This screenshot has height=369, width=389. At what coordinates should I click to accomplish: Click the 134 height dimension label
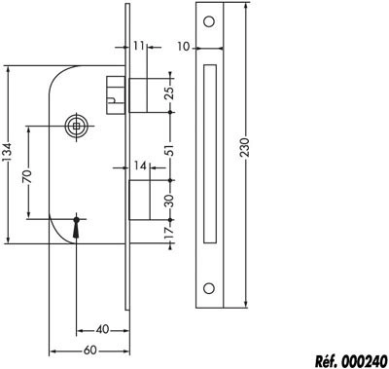click(x=9, y=153)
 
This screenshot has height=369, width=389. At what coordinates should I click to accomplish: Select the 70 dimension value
click(x=27, y=176)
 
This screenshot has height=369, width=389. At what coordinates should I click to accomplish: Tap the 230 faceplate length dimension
click(x=245, y=147)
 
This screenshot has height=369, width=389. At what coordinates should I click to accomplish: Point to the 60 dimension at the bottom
click(x=90, y=351)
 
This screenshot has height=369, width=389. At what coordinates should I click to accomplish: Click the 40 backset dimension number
click(x=102, y=330)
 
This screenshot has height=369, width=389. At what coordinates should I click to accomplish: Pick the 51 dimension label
click(x=170, y=150)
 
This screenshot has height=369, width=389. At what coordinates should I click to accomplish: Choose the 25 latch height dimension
click(x=170, y=92)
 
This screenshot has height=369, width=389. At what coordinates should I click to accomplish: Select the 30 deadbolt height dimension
click(x=170, y=201)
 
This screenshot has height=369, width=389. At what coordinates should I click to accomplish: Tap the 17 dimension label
click(x=170, y=232)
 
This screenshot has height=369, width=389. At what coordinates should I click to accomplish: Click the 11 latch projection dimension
click(x=138, y=46)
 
